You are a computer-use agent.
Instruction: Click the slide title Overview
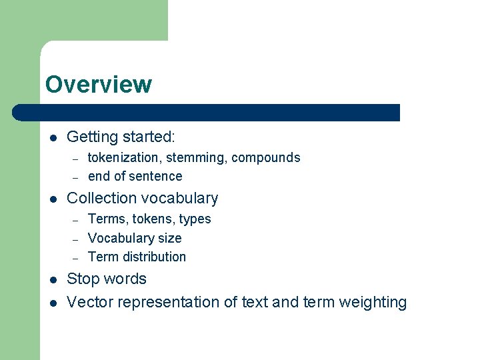point(99,85)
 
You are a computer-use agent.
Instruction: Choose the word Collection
point(99,198)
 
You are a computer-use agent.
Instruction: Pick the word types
point(195,219)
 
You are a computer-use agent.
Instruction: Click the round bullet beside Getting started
point(53,138)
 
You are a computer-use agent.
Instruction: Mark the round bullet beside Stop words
point(53,279)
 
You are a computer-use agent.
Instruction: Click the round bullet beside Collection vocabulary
point(53,199)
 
